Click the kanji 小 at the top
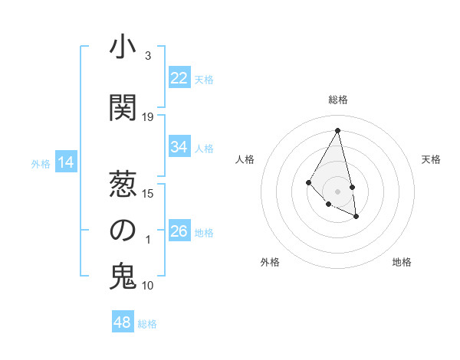tap(123, 47)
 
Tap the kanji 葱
tap(123, 183)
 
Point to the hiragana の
tap(123, 230)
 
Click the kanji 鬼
tap(123, 276)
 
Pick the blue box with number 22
tap(179, 78)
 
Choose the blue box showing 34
tap(179, 147)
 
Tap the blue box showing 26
tap(179, 231)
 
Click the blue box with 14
tap(66, 162)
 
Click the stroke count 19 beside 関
tap(148, 117)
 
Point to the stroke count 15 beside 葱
tap(148, 193)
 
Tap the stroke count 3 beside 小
tap(148, 56)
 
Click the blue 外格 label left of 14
tap(41, 163)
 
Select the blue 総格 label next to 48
tap(147, 324)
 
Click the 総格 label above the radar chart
tap(338, 100)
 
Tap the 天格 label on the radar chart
tap(432, 159)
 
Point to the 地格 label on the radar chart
tap(402, 262)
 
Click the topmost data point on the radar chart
tap(338, 130)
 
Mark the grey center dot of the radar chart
tap(338, 191)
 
